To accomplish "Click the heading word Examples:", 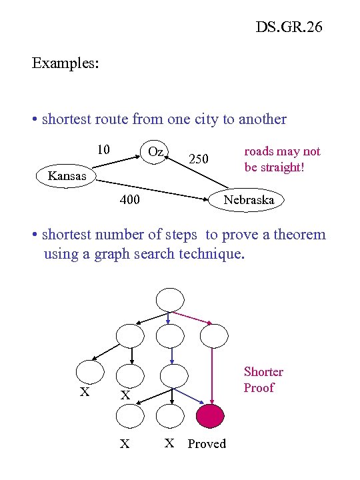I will pyautogui.click(x=65, y=64).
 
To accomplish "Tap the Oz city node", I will pyautogui.click(x=155, y=152).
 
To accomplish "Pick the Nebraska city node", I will pyautogui.click(x=248, y=199).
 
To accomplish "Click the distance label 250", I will pyautogui.click(x=199, y=159).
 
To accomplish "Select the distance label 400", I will pyautogui.click(x=129, y=199).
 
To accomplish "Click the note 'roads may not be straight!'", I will pyautogui.click(x=281, y=159).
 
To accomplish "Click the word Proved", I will pyautogui.click(x=207, y=444).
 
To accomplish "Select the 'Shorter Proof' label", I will pyautogui.click(x=263, y=379).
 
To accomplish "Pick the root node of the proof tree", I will pyautogui.click(x=170, y=299).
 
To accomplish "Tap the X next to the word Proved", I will pyautogui.click(x=170, y=443).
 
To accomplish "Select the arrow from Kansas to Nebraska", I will pyautogui.click(x=153, y=188).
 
